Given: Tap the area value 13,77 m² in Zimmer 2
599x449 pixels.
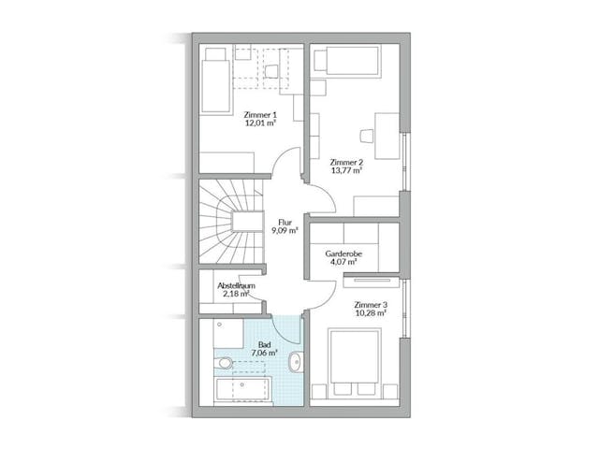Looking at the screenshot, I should click(345, 170).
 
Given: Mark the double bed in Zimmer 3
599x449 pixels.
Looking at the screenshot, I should click(355, 360).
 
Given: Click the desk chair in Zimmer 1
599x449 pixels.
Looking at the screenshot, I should click(272, 70).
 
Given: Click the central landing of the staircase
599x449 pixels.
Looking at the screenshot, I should click(249, 221).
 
